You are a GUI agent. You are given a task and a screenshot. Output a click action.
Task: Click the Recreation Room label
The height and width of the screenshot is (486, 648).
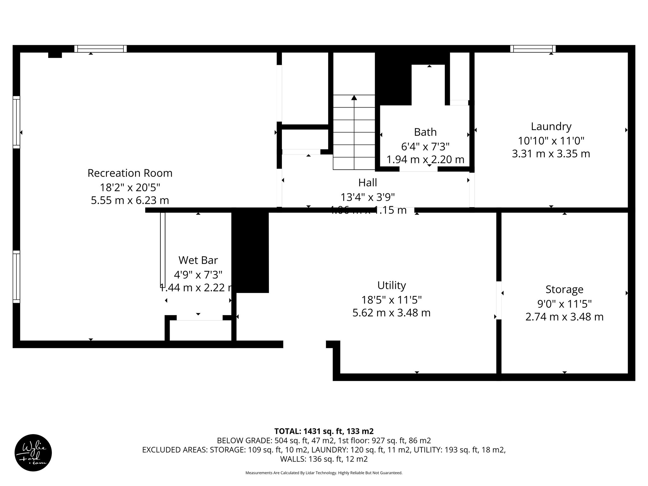click(x=130, y=173)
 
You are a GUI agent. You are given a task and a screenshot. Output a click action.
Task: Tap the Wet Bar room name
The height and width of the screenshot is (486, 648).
click(x=198, y=260)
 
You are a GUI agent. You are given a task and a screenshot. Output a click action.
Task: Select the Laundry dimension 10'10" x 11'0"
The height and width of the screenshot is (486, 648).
click(x=551, y=140)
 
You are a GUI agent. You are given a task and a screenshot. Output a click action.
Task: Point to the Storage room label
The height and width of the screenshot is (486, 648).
click(x=564, y=289)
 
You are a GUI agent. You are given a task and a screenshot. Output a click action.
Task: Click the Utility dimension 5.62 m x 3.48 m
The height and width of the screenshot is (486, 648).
click(x=391, y=313)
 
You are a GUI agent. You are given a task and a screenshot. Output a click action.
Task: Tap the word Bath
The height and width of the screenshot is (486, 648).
click(x=425, y=132)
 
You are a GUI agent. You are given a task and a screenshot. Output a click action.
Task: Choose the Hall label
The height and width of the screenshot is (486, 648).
click(x=367, y=183)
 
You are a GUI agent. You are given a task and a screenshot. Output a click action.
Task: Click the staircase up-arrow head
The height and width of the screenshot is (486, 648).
click(x=354, y=98)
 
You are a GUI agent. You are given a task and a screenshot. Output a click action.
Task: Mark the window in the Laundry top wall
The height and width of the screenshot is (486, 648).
click(x=533, y=49)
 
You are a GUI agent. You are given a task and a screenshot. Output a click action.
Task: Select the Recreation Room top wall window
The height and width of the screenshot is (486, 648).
click(x=101, y=49)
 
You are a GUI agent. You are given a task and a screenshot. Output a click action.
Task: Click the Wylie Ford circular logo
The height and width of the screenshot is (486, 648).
click(x=33, y=452)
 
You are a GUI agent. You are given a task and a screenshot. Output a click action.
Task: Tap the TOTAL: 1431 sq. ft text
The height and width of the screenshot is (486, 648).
click(x=324, y=431)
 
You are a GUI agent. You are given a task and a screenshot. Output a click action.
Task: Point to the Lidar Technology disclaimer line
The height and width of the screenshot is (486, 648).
click(x=324, y=473)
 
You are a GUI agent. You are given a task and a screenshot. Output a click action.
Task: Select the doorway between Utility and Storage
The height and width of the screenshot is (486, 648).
click(x=499, y=300)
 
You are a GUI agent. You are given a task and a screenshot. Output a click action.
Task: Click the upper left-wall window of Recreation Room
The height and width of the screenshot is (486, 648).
click(x=16, y=122)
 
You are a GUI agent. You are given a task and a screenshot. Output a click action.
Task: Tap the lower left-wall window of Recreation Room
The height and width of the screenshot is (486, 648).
click(x=16, y=277)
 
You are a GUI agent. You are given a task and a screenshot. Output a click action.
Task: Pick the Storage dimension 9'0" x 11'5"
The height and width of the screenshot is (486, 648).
click(x=564, y=304)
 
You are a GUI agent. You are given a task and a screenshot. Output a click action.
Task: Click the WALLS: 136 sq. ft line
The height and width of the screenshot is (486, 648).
click(x=324, y=459)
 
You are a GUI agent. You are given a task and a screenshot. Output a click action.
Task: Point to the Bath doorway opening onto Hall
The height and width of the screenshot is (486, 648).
click(x=418, y=169)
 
